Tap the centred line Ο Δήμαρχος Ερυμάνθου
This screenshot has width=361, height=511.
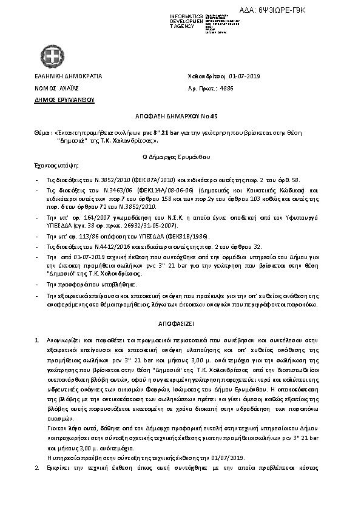coord(180,157)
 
